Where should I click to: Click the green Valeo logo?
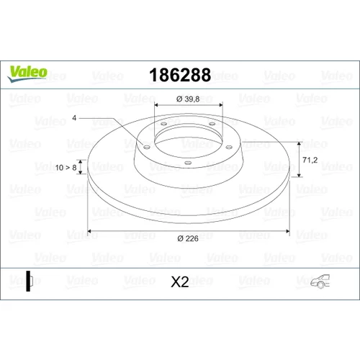tap(27, 73)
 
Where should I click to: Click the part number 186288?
tap(180, 75)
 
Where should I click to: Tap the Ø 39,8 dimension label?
tap(188, 99)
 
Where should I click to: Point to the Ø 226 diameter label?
tap(188, 238)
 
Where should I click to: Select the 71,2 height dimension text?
tap(310, 160)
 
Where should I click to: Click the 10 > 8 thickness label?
tap(66, 168)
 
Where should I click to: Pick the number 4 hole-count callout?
tap(74, 118)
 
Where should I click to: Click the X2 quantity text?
tap(180, 282)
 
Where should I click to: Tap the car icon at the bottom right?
tap(320, 282)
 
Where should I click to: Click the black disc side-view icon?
tap(29, 281)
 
